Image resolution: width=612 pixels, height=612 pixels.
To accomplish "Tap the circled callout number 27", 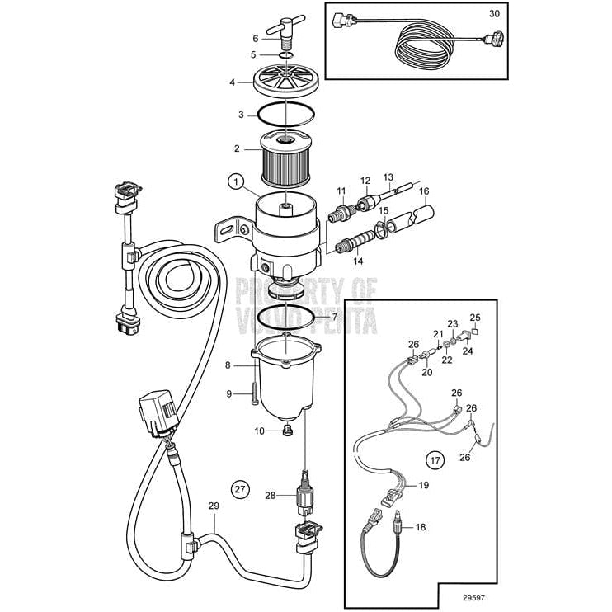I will pyautogui.click(x=240, y=489).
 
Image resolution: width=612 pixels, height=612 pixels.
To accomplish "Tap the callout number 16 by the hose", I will pyautogui.click(x=425, y=191).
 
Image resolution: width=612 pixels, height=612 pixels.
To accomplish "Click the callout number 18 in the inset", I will pyautogui.click(x=421, y=525).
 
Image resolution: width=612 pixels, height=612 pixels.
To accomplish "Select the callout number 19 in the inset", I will pyautogui.click(x=422, y=485).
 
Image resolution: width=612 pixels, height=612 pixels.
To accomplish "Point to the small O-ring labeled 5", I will pyautogui.click(x=285, y=56).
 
